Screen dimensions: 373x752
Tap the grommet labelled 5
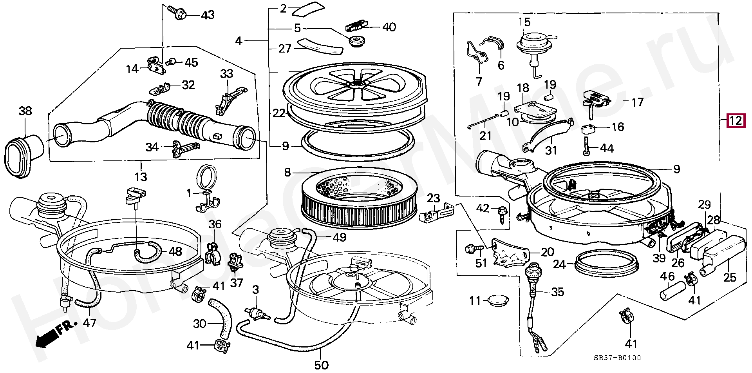[356, 41]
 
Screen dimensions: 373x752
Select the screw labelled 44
[587, 146]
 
